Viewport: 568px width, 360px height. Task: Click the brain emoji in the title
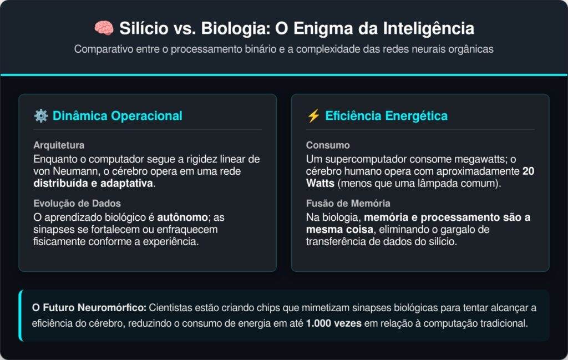click(103, 28)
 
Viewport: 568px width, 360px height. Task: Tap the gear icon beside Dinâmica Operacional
click(40, 116)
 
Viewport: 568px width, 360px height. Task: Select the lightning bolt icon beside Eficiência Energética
click(313, 116)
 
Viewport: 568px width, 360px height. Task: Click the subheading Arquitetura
click(59, 145)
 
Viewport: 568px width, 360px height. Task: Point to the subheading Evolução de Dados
click(77, 203)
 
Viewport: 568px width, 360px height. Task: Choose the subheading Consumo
click(328, 145)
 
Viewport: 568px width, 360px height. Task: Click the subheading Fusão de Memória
click(347, 203)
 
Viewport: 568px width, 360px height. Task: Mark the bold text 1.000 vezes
click(334, 323)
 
